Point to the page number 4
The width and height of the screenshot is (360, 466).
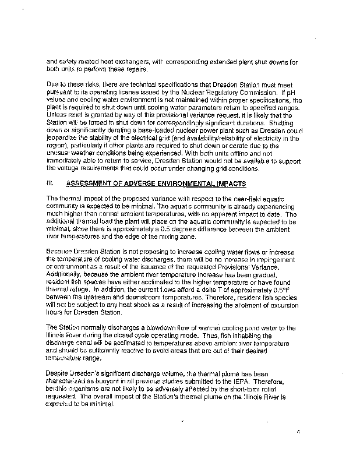(297, 432)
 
